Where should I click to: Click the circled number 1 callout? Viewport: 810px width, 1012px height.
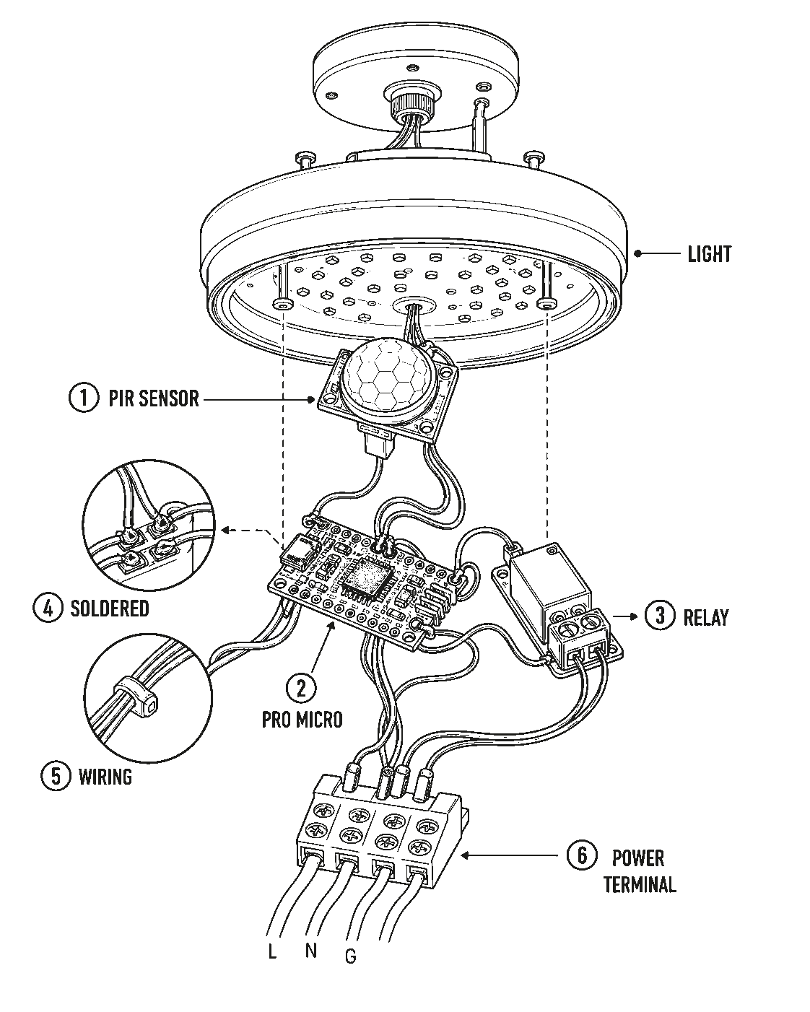(84, 398)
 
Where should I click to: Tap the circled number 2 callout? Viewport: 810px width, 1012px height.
(301, 687)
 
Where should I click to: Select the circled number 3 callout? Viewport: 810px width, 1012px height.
(659, 615)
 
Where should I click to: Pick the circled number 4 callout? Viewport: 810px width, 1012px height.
(48, 608)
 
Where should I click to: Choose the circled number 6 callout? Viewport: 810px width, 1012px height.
(582, 855)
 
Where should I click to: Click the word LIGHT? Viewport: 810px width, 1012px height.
(709, 254)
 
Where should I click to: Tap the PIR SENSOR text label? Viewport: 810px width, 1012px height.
(154, 398)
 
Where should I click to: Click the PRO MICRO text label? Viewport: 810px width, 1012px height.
(302, 720)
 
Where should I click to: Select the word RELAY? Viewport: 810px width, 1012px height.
(705, 617)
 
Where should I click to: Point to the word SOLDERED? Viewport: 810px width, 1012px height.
(110, 608)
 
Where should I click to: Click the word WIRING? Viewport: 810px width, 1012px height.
(105, 777)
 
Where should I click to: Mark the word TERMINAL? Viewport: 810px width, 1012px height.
(640, 884)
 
